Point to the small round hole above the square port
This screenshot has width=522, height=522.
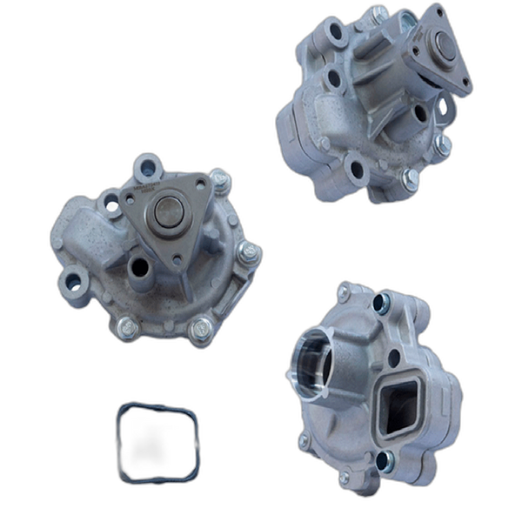pyautogui.click(x=395, y=358)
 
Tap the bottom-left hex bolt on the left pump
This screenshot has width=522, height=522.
pyautogui.click(x=124, y=326)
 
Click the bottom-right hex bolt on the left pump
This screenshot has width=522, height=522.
pyautogui.click(x=201, y=328)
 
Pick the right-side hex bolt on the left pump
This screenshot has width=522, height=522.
pyautogui.click(x=250, y=252)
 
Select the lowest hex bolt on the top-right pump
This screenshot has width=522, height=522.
pyautogui.click(x=409, y=178)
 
